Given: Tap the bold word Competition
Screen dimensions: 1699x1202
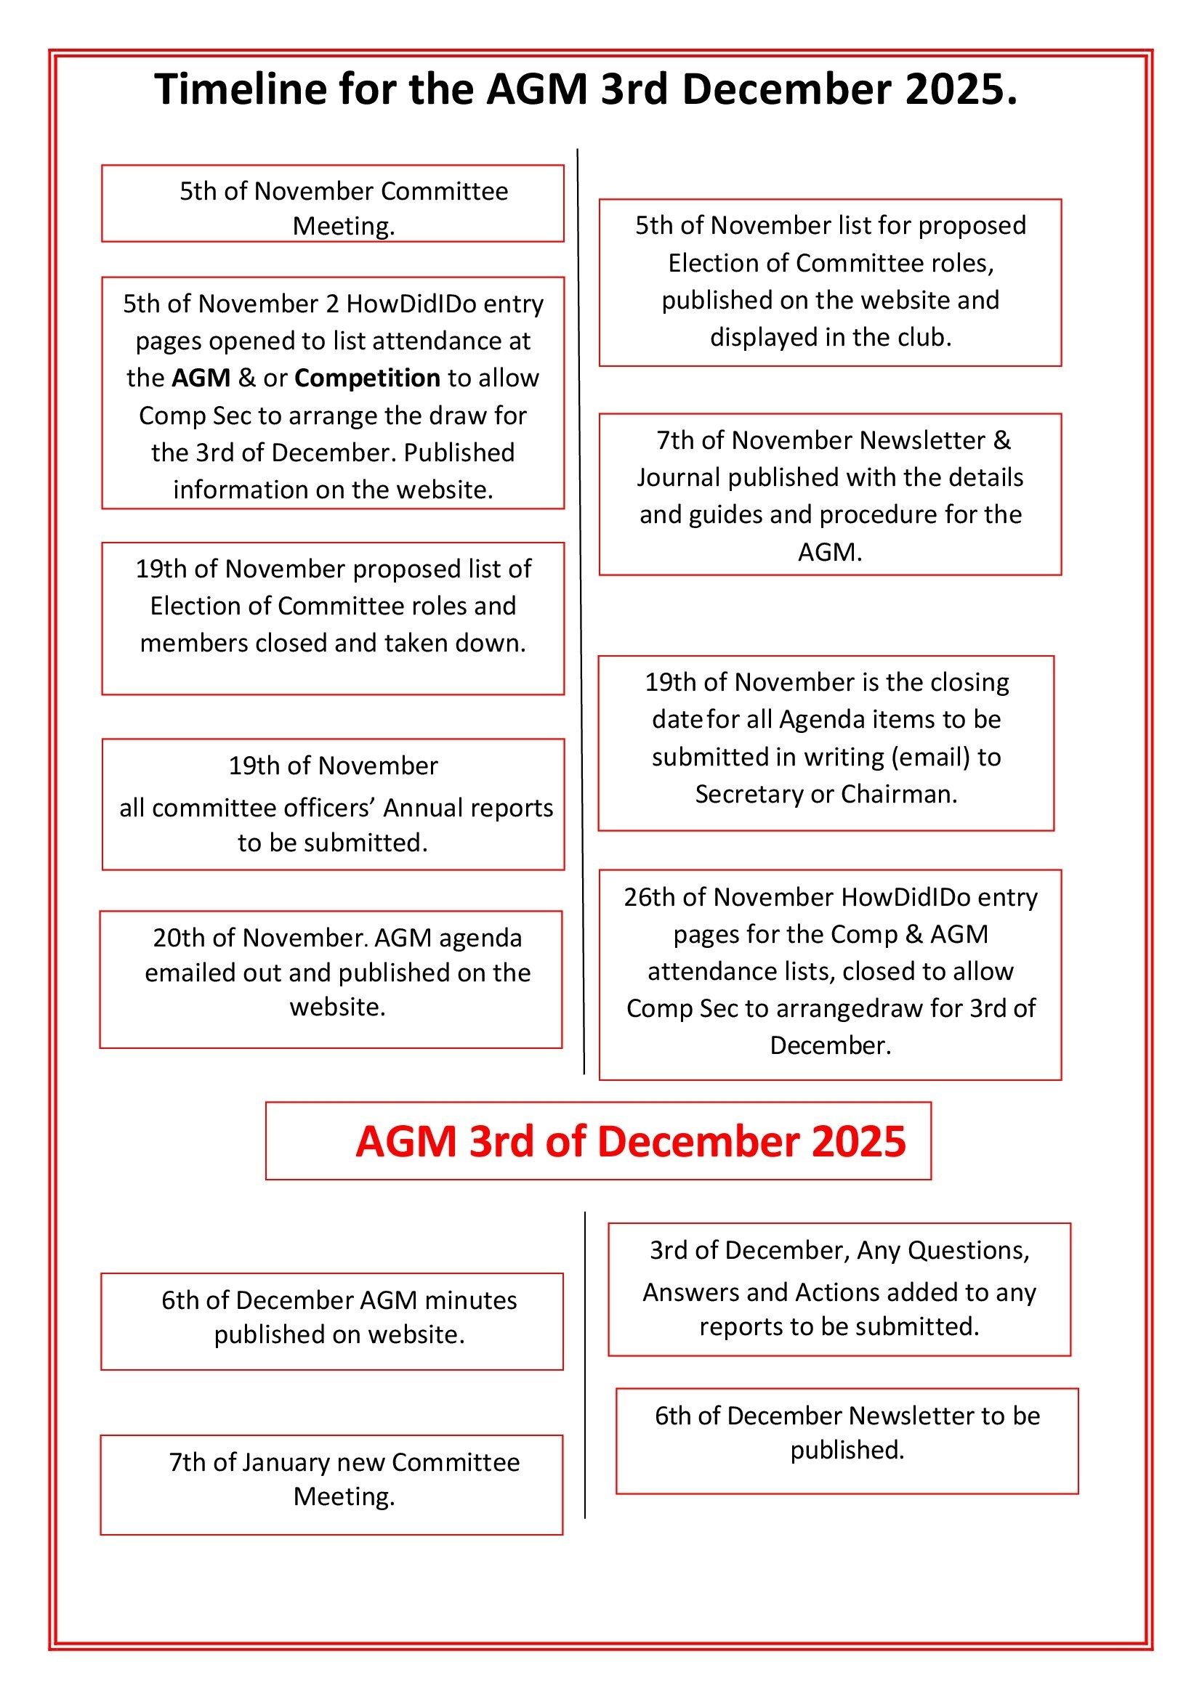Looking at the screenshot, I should (x=368, y=378).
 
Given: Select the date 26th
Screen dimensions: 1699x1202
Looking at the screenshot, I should (x=650, y=897).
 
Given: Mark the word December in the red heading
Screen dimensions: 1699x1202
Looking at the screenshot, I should (x=698, y=1142).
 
